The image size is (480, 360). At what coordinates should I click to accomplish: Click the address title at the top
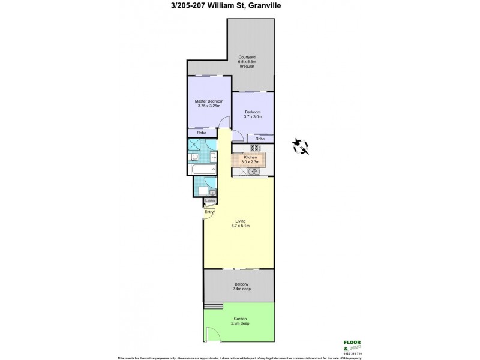click(239, 7)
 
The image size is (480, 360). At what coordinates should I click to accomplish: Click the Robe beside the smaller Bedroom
click(259, 139)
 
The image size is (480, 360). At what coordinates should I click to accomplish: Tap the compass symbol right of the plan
click(300, 145)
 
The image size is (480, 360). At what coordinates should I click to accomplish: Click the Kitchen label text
click(250, 157)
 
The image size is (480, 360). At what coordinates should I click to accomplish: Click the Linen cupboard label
click(209, 200)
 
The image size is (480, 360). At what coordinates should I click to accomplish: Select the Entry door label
click(209, 212)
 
